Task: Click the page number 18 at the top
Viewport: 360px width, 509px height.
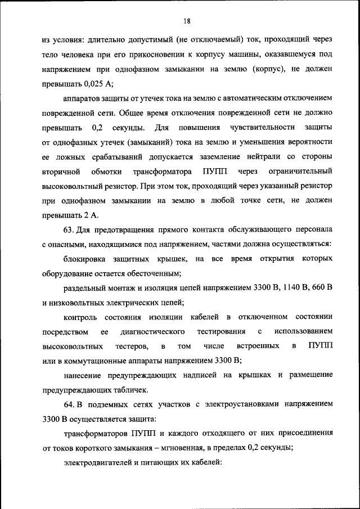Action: click(187, 21)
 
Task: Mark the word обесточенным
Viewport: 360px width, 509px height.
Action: click(152, 273)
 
